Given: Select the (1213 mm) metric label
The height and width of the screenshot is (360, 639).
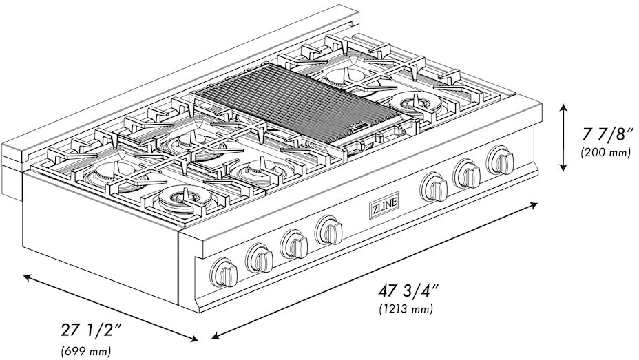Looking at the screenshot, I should [x=406, y=309].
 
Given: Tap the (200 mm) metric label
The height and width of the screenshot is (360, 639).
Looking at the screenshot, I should [x=605, y=152].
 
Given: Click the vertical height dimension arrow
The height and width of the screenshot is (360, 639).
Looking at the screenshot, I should [x=564, y=138].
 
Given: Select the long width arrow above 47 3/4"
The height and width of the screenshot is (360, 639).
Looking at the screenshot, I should [x=375, y=269].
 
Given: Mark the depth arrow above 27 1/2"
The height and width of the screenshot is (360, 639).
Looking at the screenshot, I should [x=110, y=307].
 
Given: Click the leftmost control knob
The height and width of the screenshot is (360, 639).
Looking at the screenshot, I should [x=224, y=271].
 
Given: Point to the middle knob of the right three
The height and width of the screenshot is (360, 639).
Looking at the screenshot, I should [x=468, y=173].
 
